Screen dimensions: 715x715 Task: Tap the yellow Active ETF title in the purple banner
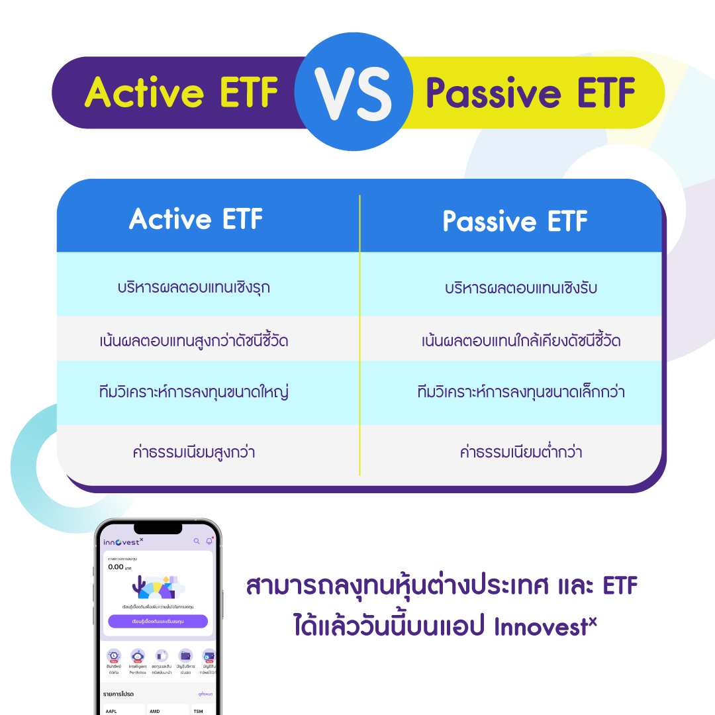click(181, 93)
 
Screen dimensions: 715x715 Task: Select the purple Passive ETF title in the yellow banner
click(530, 93)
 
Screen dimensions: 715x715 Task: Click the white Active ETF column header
click(196, 220)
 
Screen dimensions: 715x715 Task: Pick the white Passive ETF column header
click(515, 221)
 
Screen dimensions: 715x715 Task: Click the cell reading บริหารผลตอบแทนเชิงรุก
click(193, 288)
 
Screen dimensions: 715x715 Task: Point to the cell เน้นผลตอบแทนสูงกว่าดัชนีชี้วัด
click(193, 341)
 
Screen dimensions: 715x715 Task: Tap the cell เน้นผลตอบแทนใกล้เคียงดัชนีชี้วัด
click(521, 341)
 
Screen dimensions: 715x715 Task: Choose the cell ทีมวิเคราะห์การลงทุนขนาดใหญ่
click(193, 392)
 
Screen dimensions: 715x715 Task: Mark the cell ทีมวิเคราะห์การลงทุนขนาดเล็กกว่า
click(521, 392)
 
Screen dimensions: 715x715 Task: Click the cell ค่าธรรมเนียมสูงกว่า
click(193, 453)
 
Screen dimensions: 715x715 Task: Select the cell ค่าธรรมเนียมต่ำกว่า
click(521, 453)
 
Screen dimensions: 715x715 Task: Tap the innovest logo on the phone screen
click(123, 542)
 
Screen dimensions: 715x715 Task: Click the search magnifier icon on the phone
click(196, 542)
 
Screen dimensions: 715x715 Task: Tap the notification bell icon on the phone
click(209, 542)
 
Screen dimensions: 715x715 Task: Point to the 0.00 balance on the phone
click(116, 567)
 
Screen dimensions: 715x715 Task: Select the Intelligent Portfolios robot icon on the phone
click(138, 655)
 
